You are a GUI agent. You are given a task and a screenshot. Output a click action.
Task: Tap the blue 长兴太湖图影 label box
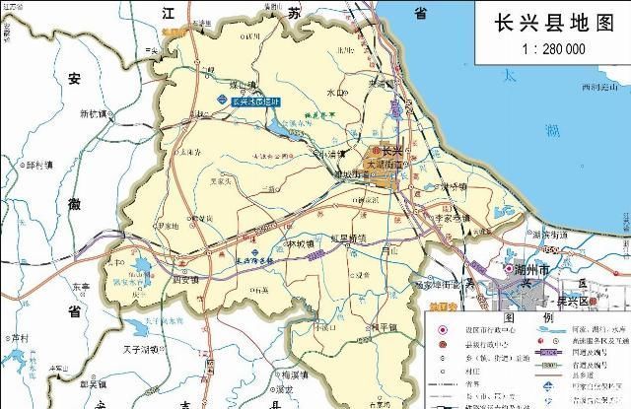[x=258, y=101]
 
